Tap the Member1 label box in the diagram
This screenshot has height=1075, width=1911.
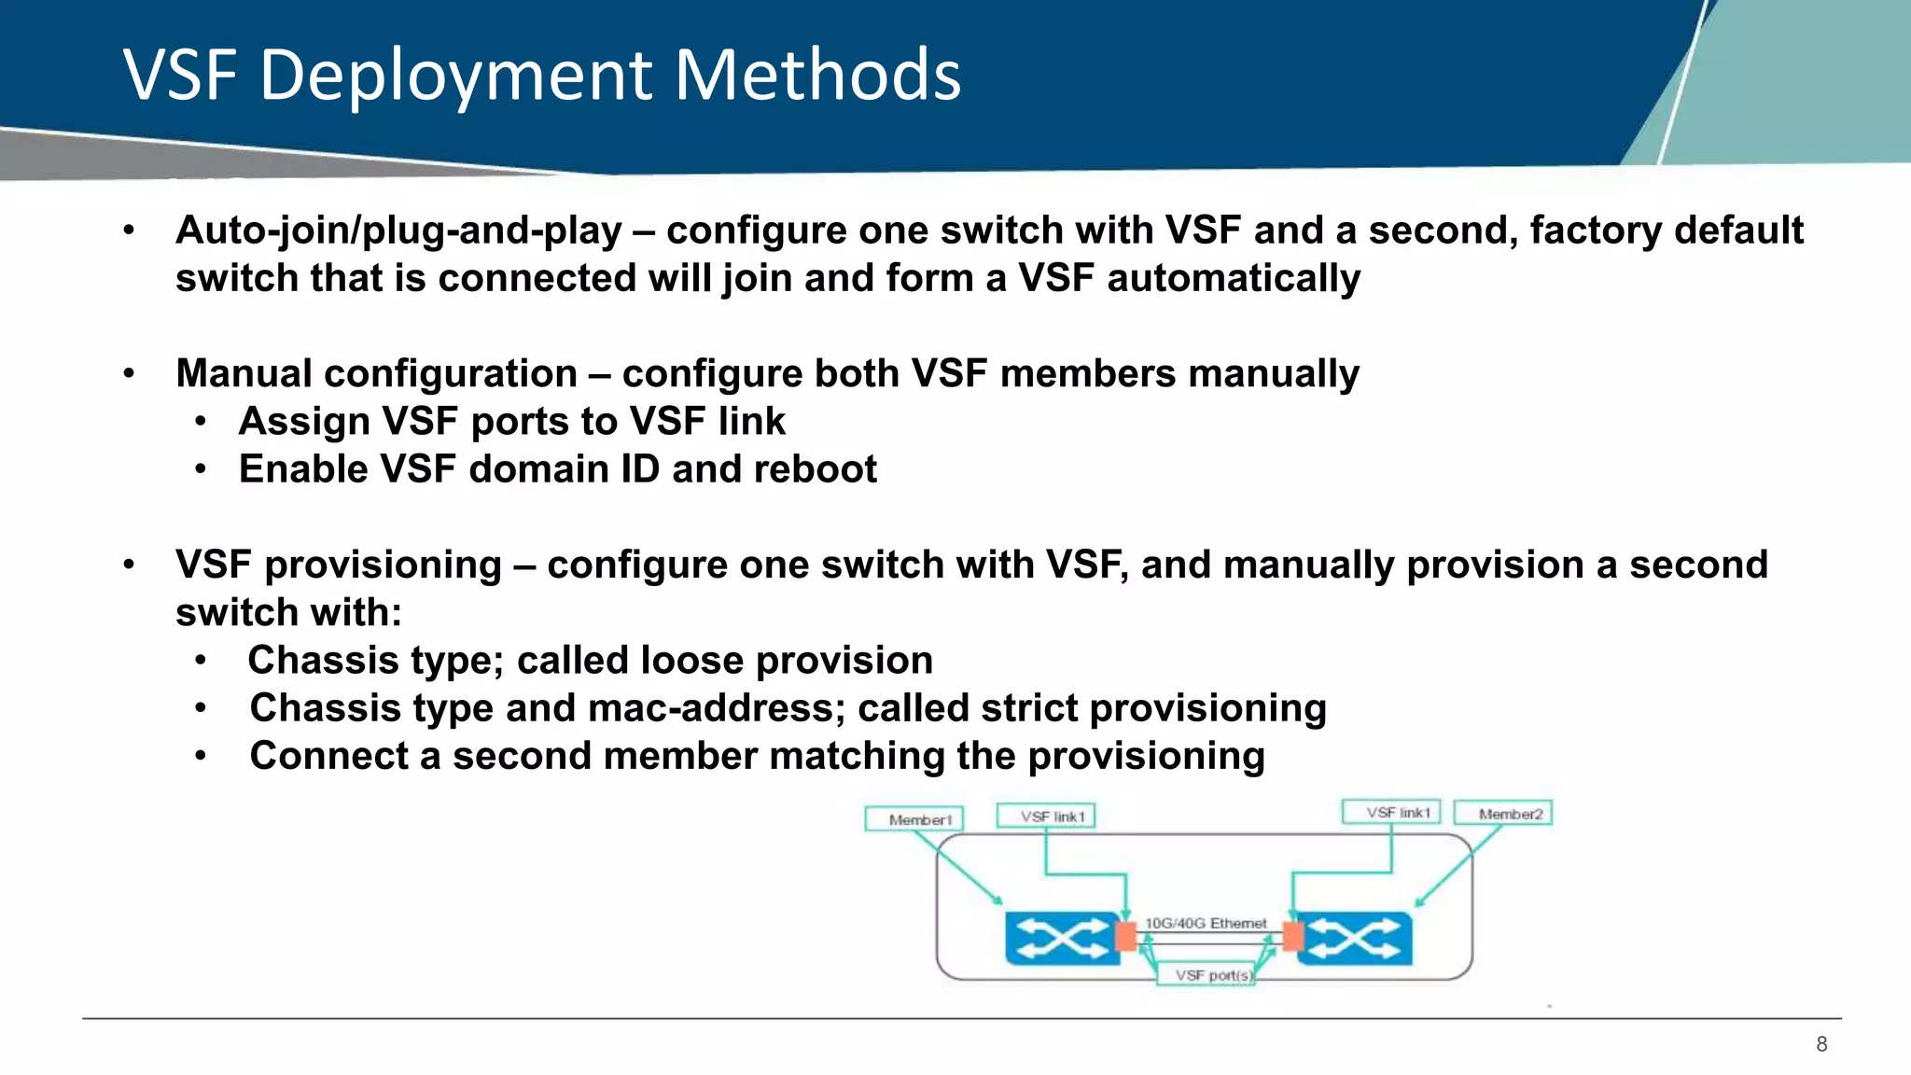[914, 819]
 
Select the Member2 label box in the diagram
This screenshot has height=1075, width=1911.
[1504, 814]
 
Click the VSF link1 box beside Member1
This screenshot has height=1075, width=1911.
[1046, 817]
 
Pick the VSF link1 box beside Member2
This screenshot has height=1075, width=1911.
[1391, 812]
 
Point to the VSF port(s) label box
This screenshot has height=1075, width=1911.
[1207, 975]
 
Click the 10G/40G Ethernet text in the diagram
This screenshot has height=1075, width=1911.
[1206, 923]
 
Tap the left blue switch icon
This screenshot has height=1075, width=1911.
[1060, 938]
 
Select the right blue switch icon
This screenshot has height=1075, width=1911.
[1356, 938]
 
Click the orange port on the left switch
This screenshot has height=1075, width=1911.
[1126, 936]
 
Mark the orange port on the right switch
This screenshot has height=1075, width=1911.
[1292, 936]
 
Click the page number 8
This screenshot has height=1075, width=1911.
[1821, 1044]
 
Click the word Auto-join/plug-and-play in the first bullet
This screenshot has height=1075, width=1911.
[398, 231]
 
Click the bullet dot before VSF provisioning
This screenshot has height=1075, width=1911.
[130, 565]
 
